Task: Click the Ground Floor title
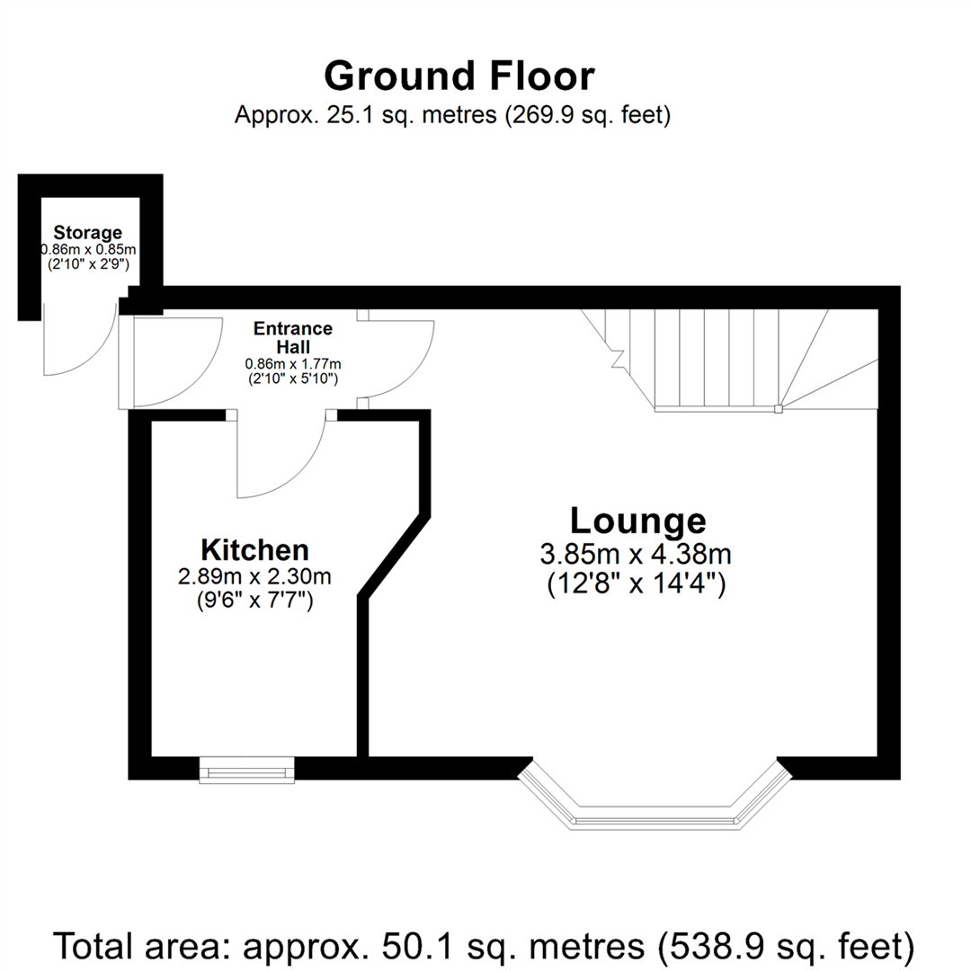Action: tap(459, 76)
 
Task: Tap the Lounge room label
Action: tap(637, 520)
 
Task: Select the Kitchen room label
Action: tap(255, 549)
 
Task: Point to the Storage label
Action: tap(87, 234)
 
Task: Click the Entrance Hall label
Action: tap(293, 337)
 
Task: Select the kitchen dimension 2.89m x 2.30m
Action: tap(255, 575)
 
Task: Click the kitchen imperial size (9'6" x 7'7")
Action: tap(255, 601)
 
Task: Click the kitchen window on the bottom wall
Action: tap(246, 770)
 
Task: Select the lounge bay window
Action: tap(655, 814)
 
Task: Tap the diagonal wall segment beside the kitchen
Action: tap(394, 554)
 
